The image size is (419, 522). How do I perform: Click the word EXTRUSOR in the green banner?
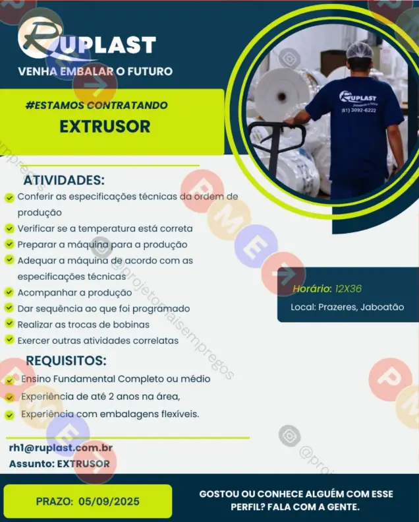pyautogui.click(x=105, y=127)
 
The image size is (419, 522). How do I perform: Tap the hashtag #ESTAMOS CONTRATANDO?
pyautogui.click(x=97, y=106)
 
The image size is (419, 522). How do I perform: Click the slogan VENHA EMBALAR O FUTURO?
pyautogui.click(x=96, y=71)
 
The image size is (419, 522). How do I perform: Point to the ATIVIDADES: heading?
pyautogui.click(x=64, y=180)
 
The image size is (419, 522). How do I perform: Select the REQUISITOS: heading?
pyautogui.click(x=66, y=360)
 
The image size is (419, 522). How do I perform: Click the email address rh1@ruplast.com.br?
pyautogui.click(x=61, y=448)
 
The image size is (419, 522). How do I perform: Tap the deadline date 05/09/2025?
pyautogui.click(x=109, y=502)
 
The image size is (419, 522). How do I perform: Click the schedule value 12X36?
pyautogui.click(x=349, y=288)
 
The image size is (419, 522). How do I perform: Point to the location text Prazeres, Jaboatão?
pyautogui.click(x=361, y=307)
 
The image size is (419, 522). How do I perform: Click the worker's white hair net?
pyautogui.click(x=360, y=51)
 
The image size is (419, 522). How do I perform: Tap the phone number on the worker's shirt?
pyautogui.click(x=359, y=110)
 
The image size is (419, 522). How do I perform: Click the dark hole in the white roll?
pyautogui.click(x=282, y=96)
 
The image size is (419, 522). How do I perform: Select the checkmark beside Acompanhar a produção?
pyautogui.click(x=9, y=292)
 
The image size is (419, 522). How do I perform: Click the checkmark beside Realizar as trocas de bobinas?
pyautogui.click(x=9, y=323)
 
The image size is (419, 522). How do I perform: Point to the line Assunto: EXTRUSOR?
pyautogui.click(x=59, y=464)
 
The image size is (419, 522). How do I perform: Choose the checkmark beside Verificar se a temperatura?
pyautogui.click(x=9, y=228)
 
